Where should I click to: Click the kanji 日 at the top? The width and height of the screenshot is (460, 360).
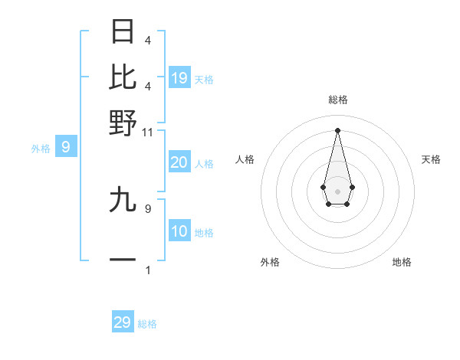[x=123, y=31]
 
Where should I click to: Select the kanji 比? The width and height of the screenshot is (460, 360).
[x=123, y=77]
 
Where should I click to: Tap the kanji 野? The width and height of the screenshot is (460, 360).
[x=123, y=122]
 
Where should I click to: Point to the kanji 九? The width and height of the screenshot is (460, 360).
[x=123, y=200]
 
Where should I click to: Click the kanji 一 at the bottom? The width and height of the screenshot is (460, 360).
[x=123, y=260]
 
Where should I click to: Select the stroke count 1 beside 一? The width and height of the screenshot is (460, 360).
[x=148, y=270]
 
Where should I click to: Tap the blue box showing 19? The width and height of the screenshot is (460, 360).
[x=179, y=77]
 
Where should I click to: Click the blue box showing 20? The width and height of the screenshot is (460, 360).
[x=179, y=162]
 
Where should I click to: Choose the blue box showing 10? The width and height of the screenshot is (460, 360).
[x=179, y=231]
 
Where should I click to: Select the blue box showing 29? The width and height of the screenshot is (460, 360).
[x=123, y=322]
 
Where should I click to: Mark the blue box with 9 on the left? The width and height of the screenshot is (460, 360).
[x=65, y=146]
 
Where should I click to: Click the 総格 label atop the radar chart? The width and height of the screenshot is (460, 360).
[x=338, y=100]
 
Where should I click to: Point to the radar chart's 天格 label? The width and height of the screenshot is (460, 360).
[x=432, y=159]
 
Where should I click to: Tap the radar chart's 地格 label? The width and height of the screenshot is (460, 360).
[x=402, y=262]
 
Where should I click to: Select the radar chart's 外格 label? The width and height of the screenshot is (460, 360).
[x=270, y=262]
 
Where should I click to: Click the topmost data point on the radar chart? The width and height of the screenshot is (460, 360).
[x=337, y=130]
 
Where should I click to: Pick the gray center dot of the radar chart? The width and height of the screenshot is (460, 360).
[x=337, y=190]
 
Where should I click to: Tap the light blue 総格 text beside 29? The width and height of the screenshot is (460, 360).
[x=147, y=324]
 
